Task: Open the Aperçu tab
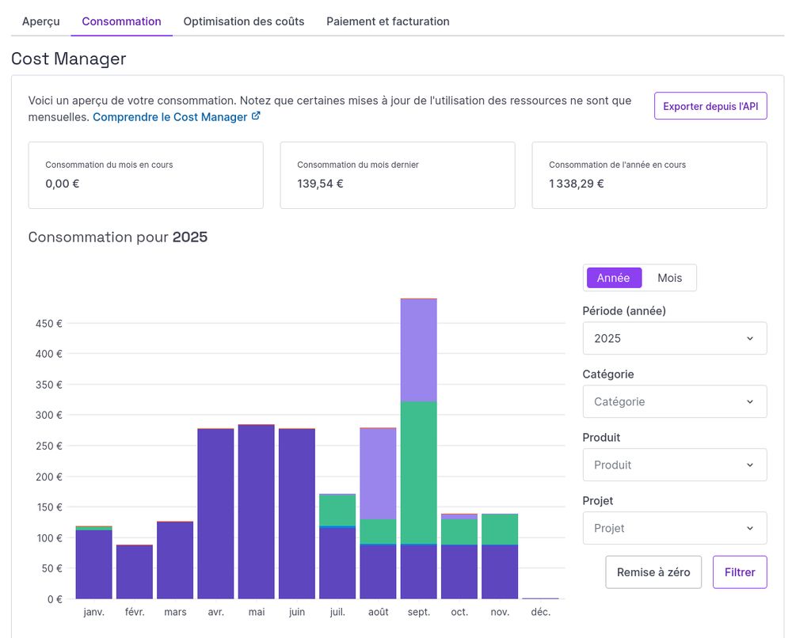tap(40, 21)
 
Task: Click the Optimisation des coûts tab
tap(243, 21)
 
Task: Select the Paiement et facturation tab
tap(387, 21)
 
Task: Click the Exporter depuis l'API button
tap(710, 106)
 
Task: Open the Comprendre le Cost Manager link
tap(176, 117)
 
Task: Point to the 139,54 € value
tap(320, 184)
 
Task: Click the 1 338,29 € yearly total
tap(576, 184)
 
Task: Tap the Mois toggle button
tap(669, 278)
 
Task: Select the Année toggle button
tap(614, 278)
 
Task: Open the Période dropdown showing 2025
tap(674, 338)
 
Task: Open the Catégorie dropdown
tap(674, 401)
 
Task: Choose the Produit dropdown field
tap(674, 465)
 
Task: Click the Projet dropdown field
tap(674, 528)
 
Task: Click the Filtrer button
tap(739, 572)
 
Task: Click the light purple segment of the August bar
tap(378, 473)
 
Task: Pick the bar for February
tap(135, 572)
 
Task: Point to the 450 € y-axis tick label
tap(48, 323)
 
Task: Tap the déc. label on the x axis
tap(540, 612)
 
